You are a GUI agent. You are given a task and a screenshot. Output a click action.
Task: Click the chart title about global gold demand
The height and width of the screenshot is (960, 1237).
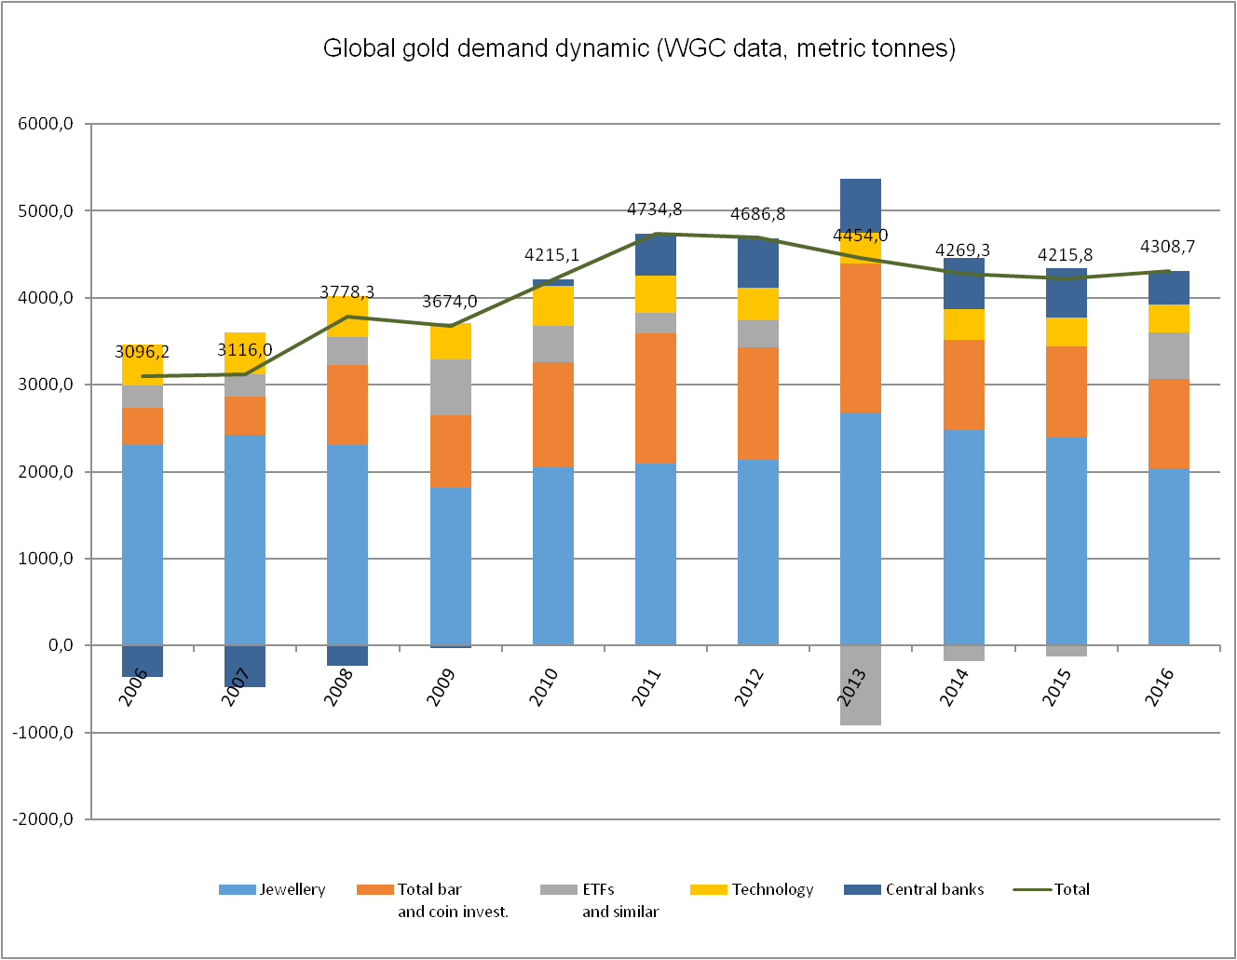tap(639, 48)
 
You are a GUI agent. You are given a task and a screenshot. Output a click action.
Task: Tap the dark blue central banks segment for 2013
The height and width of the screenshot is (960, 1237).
tap(860, 203)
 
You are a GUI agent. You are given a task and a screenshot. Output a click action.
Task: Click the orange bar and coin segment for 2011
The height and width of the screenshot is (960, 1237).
tap(655, 398)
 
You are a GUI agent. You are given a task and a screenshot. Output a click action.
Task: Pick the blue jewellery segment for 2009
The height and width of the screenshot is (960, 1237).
tap(450, 566)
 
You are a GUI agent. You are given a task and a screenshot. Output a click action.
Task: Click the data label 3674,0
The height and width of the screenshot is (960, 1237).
tap(449, 302)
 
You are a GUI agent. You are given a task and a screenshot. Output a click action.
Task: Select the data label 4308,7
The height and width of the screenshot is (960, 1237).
tap(1167, 247)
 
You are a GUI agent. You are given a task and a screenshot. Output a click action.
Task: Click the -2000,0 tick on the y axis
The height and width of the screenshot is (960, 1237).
tap(43, 819)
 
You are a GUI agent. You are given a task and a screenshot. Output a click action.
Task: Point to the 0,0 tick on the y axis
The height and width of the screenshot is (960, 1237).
tap(55, 645)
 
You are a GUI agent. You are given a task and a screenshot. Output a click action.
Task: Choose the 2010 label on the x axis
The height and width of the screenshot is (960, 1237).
tap(543, 687)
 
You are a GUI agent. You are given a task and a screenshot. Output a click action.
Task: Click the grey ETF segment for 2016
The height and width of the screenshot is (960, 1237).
tap(1168, 356)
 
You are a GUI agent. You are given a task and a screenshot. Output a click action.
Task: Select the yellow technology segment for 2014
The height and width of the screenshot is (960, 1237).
tap(963, 324)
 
